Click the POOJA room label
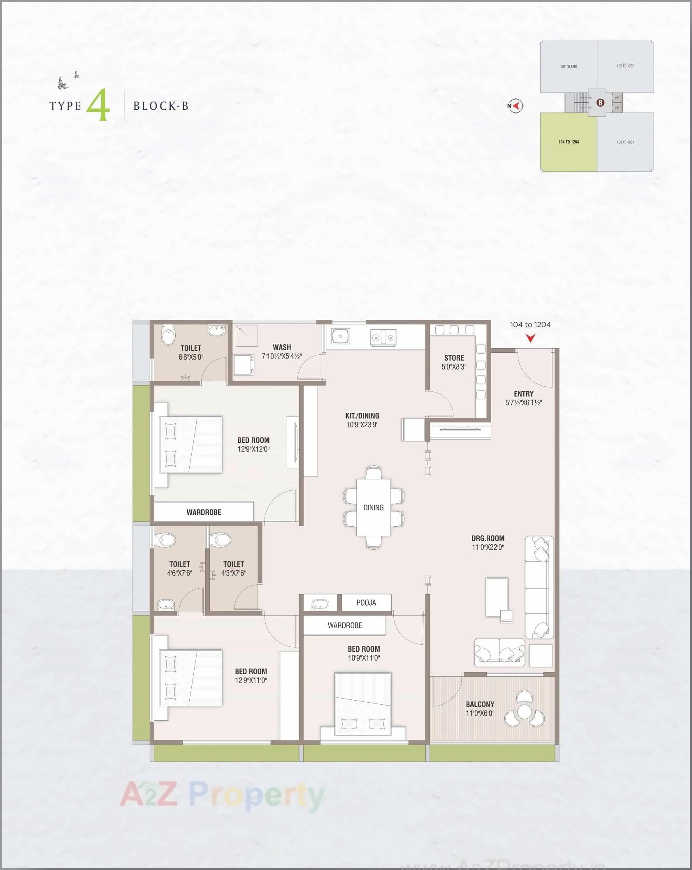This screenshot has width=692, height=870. (366, 603)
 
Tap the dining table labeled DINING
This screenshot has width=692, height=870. (373, 507)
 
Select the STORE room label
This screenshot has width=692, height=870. (454, 358)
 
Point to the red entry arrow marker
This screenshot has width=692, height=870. (531, 338)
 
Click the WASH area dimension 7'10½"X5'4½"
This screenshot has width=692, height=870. (282, 356)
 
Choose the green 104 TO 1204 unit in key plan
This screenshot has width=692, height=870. (569, 142)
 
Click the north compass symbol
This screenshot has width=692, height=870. (516, 106)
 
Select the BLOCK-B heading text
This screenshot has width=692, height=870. (161, 106)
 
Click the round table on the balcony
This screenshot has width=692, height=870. (525, 711)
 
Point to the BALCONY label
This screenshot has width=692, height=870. (480, 704)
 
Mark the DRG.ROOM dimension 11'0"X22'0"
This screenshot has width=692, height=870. (488, 547)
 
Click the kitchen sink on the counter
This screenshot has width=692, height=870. (341, 336)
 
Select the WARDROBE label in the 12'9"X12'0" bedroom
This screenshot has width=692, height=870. (204, 512)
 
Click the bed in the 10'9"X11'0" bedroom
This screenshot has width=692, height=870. (363, 704)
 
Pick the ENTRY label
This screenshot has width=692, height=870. (524, 394)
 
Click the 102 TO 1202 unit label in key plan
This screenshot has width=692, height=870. (625, 66)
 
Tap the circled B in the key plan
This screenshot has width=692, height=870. (600, 103)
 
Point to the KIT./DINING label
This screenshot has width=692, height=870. (362, 416)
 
